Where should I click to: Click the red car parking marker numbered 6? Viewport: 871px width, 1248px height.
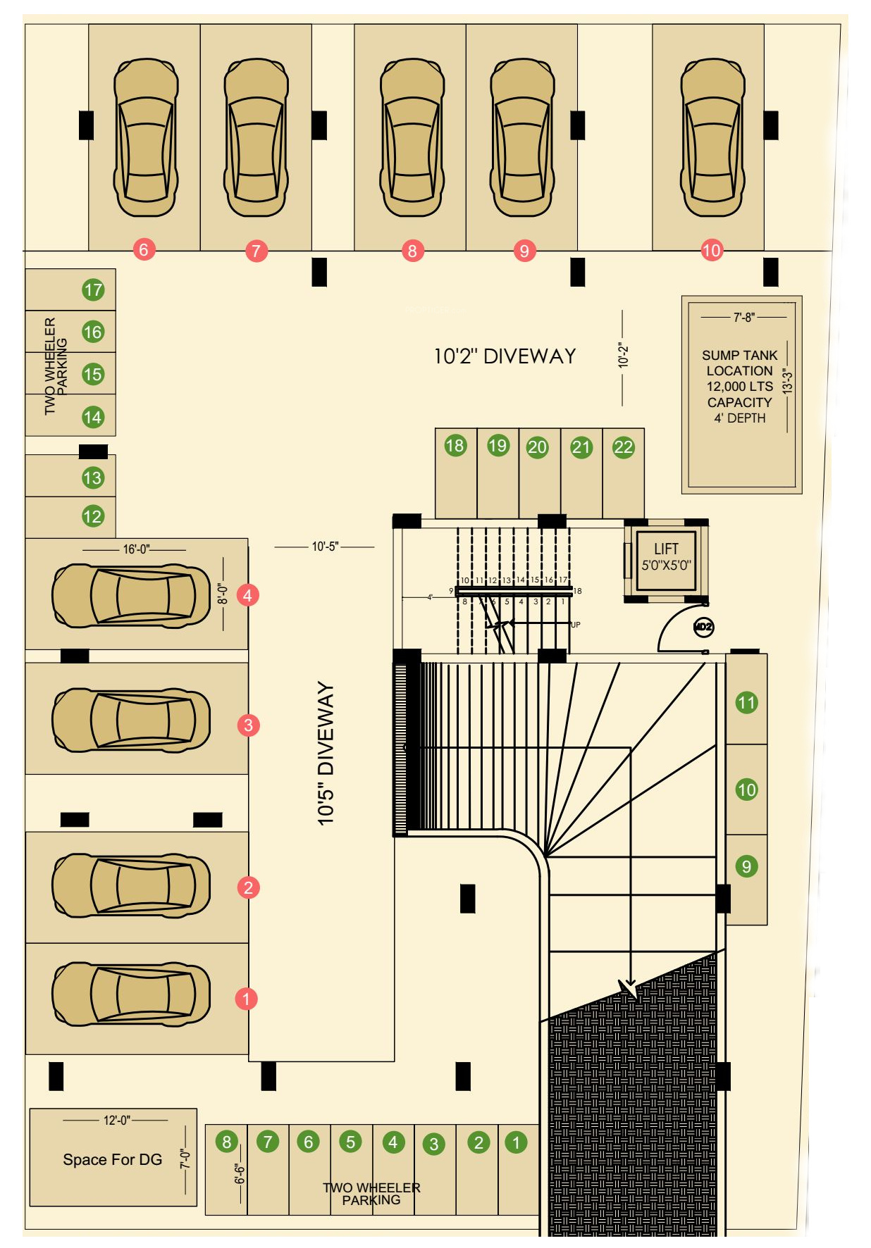click(144, 249)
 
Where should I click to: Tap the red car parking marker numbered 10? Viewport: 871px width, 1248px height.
click(712, 250)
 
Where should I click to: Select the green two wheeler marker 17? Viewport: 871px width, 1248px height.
click(93, 289)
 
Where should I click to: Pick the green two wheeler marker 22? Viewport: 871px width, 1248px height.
click(623, 447)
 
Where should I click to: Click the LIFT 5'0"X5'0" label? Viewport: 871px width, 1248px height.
click(666, 556)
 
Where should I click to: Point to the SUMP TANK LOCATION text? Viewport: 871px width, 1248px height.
click(739, 363)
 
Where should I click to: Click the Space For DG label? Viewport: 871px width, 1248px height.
click(113, 1159)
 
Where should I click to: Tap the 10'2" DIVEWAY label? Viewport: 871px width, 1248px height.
click(505, 356)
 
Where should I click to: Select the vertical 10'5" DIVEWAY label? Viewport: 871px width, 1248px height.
click(326, 753)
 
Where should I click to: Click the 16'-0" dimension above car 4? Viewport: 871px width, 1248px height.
click(136, 549)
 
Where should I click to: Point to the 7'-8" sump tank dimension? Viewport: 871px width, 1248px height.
click(743, 318)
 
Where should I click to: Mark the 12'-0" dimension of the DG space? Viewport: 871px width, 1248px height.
click(117, 1120)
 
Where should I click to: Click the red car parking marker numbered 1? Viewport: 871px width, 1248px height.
click(246, 999)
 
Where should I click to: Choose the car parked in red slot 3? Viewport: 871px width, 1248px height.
click(131, 720)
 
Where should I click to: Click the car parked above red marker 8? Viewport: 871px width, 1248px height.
click(412, 137)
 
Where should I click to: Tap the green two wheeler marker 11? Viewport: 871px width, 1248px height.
click(746, 702)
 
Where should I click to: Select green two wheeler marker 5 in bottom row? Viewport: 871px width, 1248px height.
click(350, 1142)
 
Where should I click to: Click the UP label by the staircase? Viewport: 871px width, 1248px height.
click(576, 625)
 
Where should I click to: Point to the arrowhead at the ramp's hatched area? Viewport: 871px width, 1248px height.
click(629, 987)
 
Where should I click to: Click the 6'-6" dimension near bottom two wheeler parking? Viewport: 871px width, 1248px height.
click(240, 1173)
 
